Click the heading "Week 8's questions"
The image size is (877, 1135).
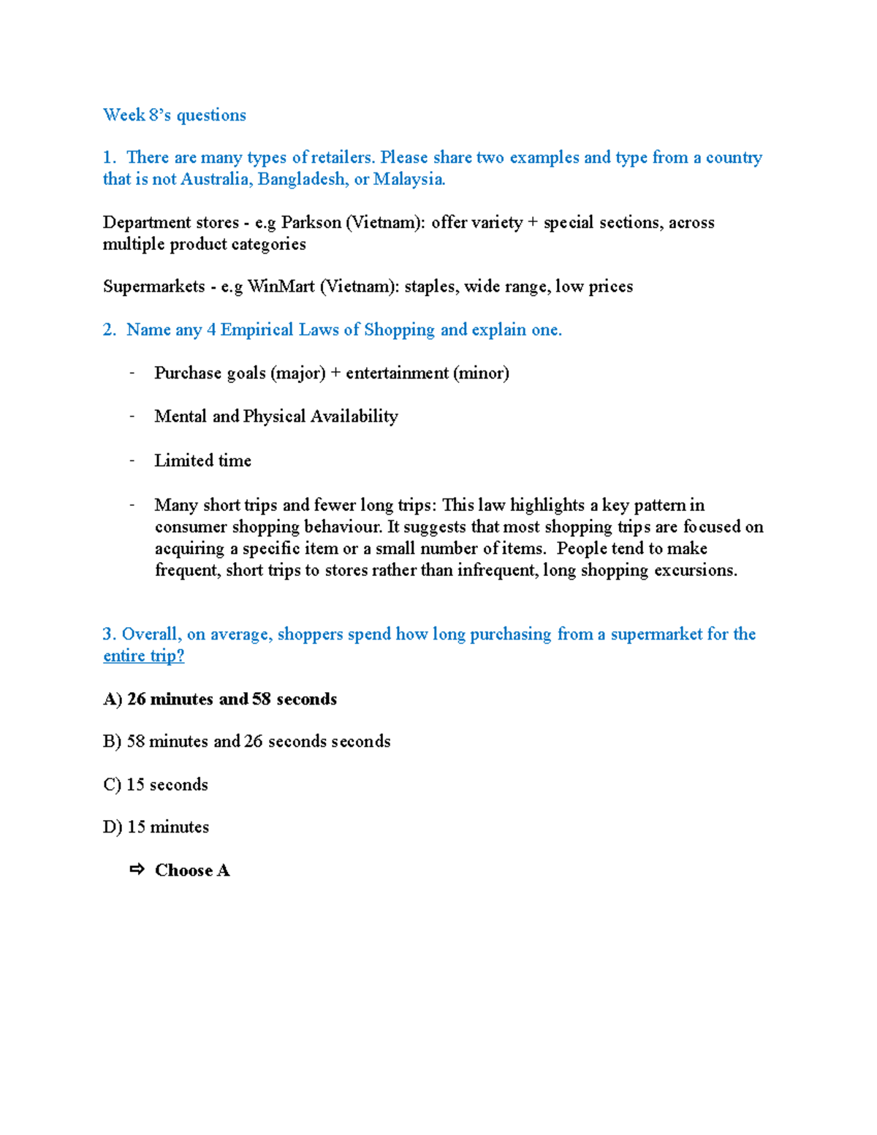pos(174,115)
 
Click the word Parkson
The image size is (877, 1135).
pos(311,222)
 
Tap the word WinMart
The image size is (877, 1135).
pos(281,286)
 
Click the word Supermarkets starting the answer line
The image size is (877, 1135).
pos(153,286)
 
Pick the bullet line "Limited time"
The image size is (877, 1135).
pos(202,460)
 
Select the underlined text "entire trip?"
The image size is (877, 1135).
pos(143,656)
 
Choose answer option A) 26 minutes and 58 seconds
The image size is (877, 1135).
pos(220,699)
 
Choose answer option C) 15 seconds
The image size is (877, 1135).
pos(156,785)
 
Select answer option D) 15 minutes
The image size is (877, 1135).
pos(156,827)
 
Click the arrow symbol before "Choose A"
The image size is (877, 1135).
pos(137,870)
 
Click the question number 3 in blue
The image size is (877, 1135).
pos(109,634)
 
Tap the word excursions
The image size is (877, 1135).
pos(695,570)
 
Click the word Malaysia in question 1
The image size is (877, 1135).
pos(409,179)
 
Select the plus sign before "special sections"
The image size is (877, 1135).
pos(533,222)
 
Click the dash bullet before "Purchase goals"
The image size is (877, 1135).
pos(132,373)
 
